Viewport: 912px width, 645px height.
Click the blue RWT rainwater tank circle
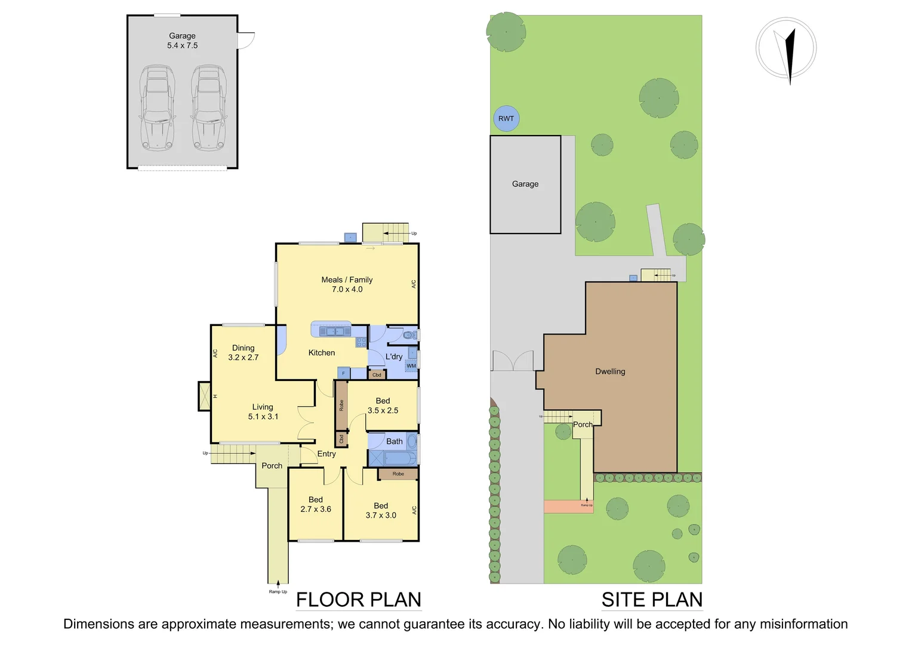(x=506, y=118)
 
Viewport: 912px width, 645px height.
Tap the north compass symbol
(x=786, y=48)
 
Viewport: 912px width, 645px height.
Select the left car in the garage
(x=157, y=108)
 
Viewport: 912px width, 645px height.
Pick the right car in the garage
(x=209, y=108)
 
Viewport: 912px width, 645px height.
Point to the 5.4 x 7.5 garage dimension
(x=182, y=45)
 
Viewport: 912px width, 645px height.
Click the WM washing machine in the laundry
(x=411, y=366)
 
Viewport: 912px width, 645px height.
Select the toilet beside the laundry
(x=410, y=336)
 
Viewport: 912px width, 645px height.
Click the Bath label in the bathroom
(x=394, y=441)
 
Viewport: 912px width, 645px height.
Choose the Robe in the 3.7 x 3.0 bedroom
(x=398, y=474)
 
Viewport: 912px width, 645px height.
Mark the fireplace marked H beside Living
(x=205, y=397)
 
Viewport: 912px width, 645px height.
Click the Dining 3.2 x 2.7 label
(x=243, y=352)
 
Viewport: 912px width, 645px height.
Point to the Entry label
(x=326, y=454)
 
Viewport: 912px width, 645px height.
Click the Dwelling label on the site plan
(x=610, y=371)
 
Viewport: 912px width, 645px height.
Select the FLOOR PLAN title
(x=359, y=600)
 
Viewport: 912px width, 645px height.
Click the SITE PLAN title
(x=652, y=600)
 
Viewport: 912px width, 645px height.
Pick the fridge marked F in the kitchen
(x=343, y=373)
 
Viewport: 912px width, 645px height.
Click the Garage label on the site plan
(x=525, y=184)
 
